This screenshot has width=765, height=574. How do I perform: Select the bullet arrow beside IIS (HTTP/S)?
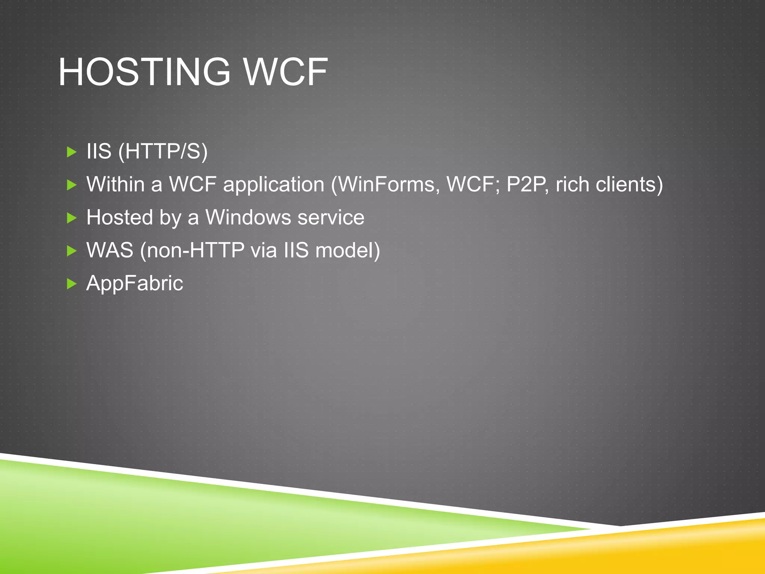pos(71,152)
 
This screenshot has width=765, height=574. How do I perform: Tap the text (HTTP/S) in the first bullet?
pos(162,152)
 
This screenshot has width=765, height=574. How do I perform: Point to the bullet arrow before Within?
pos(71,185)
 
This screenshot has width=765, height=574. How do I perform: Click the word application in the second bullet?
pos(273,185)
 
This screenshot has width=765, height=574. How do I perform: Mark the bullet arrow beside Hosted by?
pos(71,217)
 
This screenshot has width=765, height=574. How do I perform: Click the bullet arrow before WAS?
pos(71,250)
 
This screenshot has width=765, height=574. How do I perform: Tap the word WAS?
pos(110,250)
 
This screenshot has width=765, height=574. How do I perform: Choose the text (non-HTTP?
pos(192,250)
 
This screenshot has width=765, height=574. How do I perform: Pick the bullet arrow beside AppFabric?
pos(71,284)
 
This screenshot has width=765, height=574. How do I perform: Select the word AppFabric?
pos(135,284)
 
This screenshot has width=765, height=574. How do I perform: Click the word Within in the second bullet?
pos(115,185)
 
